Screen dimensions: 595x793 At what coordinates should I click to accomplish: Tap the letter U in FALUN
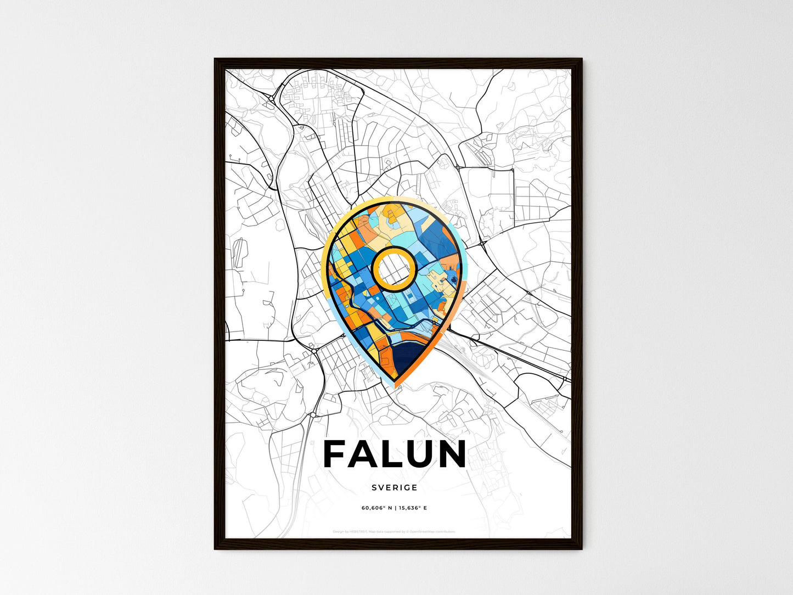tap(414, 454)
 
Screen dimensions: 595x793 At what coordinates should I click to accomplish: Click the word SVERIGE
tap(394, 487)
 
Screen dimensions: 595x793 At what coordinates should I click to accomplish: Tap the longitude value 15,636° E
tap(413, 508)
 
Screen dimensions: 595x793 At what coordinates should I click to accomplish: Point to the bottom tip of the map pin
tap(395, 386)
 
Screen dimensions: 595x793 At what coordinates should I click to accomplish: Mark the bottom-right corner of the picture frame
tap(582, 548)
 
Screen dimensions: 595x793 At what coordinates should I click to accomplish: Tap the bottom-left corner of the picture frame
tap(215, 548)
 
